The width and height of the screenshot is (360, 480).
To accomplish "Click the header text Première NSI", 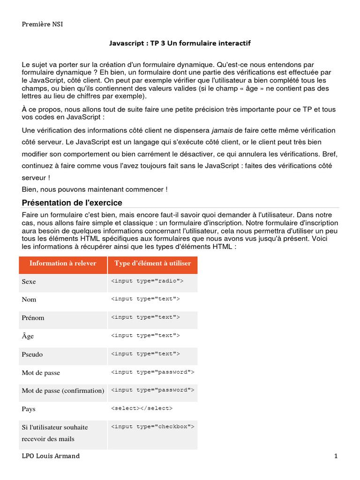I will [42, 24].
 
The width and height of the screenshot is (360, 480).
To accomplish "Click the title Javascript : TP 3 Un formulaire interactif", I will [180, 43].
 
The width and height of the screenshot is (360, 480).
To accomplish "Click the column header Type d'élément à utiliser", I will [153, 263].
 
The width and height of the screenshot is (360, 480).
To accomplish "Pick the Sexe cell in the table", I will [29, 282].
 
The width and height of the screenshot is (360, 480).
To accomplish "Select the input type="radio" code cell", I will [147, 281].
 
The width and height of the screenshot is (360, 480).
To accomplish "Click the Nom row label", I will [29, 300].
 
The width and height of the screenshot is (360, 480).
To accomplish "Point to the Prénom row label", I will [33, 318].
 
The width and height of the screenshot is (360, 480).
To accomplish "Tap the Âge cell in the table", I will [28, 336].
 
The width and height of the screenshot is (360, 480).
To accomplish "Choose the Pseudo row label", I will [32, 354].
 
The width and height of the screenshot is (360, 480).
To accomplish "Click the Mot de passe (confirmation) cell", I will [63, 390].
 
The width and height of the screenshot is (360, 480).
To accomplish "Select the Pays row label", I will [29, 409].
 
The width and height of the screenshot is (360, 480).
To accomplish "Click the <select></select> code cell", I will [142, 408].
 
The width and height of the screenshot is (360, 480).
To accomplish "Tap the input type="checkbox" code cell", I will [152, 426].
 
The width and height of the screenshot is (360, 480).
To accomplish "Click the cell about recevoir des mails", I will [54, 433].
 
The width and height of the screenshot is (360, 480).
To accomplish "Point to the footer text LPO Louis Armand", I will [51, 456].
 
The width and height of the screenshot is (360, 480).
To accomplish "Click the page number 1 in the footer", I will [336, 456].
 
